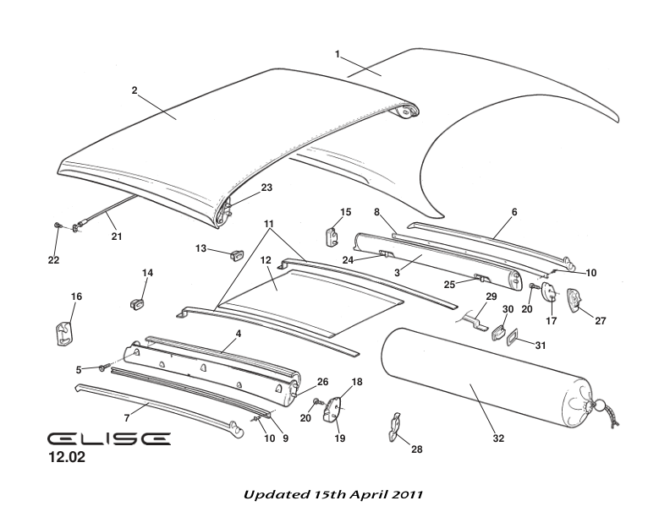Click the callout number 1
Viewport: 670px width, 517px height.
(x=338, y=55)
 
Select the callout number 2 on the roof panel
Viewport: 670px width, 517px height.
(x=135, y=90)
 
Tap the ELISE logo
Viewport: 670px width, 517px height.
(x=108, y=439)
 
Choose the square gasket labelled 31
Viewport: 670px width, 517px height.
(x=512, y=338)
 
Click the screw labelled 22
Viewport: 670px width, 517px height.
(x=57, y=226)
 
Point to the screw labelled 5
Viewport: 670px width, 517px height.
(x=103, y=368)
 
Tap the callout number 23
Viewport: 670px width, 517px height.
(x=266, y=188)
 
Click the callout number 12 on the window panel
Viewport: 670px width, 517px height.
(x=264, y=260)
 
